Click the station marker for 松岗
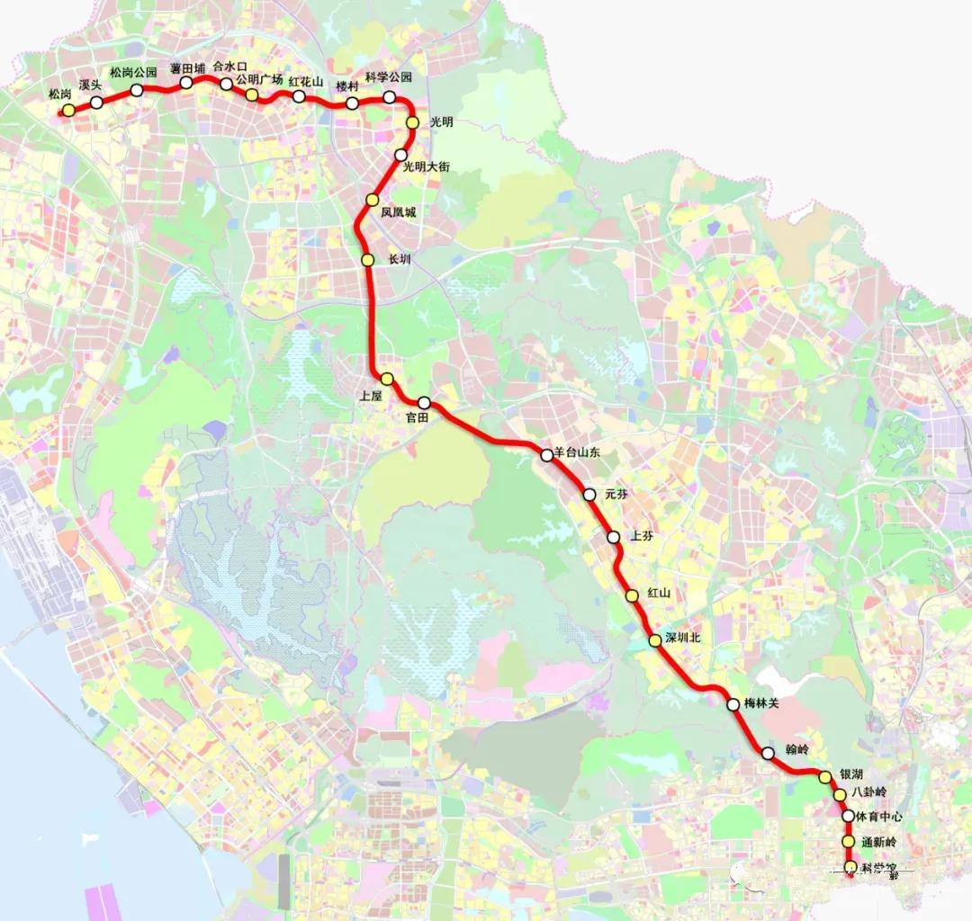point(68,111)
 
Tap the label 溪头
point(90,85)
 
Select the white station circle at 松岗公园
point(137,90)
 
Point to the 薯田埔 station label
point(187,67)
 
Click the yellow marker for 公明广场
point(253,94)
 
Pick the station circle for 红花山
point(299,96)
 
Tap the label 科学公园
point(389,77)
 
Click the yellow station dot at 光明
point(413,122)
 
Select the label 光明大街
point(426,166)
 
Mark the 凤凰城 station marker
point(373,200)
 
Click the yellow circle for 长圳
point(367,260)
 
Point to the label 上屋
point(371,394)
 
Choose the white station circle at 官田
point(424,403)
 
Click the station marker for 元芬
point(589,495)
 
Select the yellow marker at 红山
point(632,595)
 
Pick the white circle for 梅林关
point(733,704)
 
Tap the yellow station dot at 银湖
point(824,777)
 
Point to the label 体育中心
point(878,817)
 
